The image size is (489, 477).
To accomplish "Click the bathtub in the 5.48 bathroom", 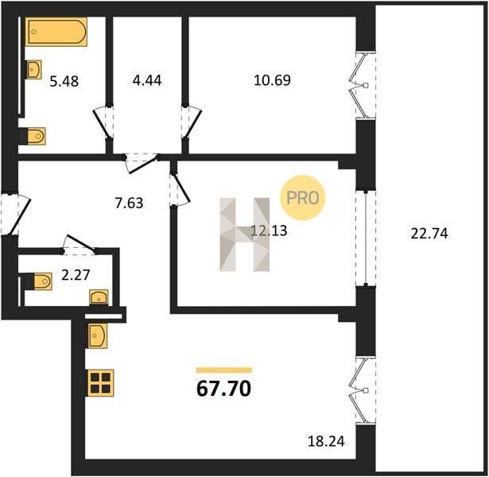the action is tap(56, 32).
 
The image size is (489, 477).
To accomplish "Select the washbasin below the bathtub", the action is tap(33, 69).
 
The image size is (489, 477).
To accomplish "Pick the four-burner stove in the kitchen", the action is tap(100, 382).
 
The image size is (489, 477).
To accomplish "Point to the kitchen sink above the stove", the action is tap(97, 335).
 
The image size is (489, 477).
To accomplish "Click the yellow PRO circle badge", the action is tap(302, 198).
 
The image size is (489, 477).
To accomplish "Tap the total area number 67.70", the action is tap(223, 389).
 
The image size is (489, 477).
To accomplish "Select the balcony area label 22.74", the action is tap(429, 234).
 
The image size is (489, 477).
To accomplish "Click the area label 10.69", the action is tap(272, 80).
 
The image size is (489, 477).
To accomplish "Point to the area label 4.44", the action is tap(147, 80).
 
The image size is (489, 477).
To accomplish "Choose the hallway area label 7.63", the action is tap(129, 203).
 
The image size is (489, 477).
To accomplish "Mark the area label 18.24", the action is tap(326, 441).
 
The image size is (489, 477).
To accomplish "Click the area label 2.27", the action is tap(76, 275).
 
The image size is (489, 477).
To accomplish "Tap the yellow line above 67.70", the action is tap(223, 370).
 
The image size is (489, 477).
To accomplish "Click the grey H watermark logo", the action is tap(245, 235).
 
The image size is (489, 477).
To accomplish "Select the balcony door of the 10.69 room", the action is tap(362, 85).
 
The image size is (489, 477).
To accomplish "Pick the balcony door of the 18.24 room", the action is tap(362, 390).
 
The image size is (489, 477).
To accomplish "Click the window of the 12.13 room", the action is tap(366, 238).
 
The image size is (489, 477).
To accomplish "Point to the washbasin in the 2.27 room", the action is tap(99, 297).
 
